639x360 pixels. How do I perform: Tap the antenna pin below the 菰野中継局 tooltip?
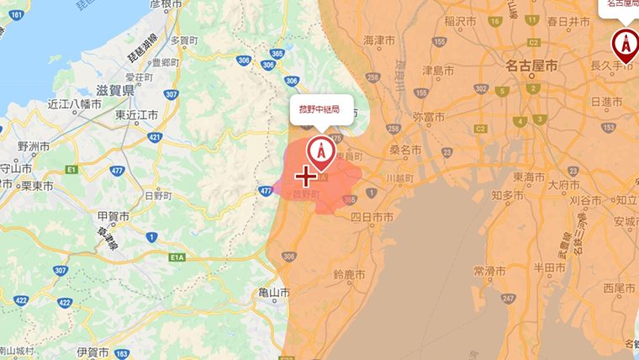click(319, 151)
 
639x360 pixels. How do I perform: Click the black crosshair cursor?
click(306, 176)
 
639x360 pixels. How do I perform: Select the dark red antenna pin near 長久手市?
click(624, 42)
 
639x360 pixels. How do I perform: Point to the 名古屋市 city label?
click(531, 65)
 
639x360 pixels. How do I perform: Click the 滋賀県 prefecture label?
click(116, 89)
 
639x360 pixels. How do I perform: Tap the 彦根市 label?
click(166, 4)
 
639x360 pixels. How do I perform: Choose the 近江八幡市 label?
click(74, 104)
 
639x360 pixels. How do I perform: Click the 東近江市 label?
click(138, 114)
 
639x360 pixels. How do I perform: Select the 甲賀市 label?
click(113, 216)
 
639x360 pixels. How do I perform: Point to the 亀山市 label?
click(275, 293)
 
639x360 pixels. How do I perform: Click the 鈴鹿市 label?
click(351, 274)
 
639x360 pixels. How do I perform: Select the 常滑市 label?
click(488, 271)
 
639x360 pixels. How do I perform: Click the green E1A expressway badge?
click(177, 257)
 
